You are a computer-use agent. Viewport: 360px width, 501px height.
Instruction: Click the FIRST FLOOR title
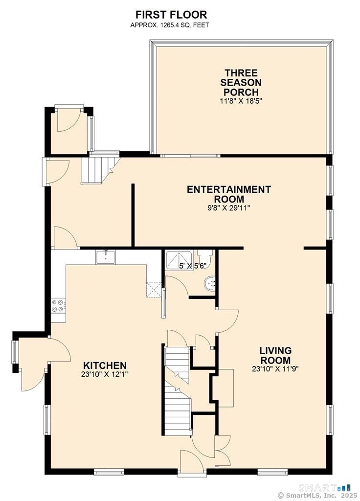[x=171, y=15]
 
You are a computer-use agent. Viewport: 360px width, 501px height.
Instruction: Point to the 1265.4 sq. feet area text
[x=170, y=25]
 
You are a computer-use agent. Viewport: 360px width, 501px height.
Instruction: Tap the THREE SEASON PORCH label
[x=241, y=82]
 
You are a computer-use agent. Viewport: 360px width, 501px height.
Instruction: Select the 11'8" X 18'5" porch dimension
[x=241, y=101]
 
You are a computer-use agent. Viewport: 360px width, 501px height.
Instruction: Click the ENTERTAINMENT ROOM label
[x=229, y=194]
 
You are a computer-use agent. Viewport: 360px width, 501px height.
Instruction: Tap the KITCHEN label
[x=105, y=365]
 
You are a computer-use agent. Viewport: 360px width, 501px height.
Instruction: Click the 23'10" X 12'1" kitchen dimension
[x=105, y=374]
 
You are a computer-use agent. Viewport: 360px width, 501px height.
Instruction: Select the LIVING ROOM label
[x=275, y=355]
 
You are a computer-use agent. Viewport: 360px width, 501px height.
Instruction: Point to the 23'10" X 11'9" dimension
[x=275, y=369]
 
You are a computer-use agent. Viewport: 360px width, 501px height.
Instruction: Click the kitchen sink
[x=106, y=257]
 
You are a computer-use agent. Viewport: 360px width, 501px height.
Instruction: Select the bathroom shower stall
[x=179, y=260]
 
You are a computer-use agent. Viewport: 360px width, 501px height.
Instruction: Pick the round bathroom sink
[x=209, y=284]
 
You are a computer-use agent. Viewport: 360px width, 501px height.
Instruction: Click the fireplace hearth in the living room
[x=226, y=388]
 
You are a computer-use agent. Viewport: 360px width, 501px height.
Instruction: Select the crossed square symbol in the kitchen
[x=153, y=290]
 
